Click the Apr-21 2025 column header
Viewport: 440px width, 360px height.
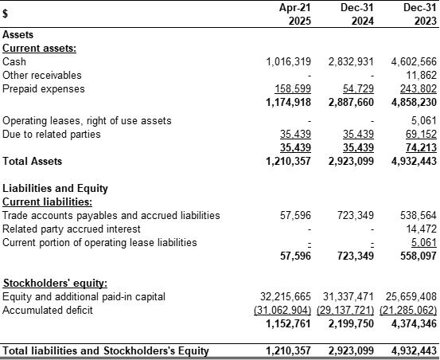[x=295, y=14]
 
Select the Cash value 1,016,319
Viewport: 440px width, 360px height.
[x=289, y=62]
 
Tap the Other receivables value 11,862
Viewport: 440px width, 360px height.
[x=422, y=75]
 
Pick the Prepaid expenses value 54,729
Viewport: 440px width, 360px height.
[x=358, y=88]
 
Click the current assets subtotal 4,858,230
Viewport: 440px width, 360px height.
[x=414, y=102]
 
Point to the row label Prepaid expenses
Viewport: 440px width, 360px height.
[x=44, y=89]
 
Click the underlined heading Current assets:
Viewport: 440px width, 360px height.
[x=39, y=49]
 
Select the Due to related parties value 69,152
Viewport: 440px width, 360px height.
[x=421, y=135]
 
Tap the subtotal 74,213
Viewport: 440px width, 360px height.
[x=421, y=147]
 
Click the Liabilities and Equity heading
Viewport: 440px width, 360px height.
[x=55, y=189]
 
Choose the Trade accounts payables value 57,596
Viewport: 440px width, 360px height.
[x=295, y=216]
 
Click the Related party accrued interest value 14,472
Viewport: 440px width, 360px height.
[x=422, y=229]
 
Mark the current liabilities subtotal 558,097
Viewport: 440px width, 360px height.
[x=419, y=256]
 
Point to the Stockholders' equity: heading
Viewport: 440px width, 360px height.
[x=55, y=283]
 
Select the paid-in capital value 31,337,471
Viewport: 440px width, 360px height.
[x=348, y=297]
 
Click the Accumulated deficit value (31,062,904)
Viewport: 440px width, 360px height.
[x=282, y=311]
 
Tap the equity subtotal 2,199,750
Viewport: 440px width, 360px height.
[x=351, y=324]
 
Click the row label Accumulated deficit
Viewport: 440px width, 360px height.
[x=48, y=311]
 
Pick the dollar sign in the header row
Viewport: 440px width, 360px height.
[x=5, y=14]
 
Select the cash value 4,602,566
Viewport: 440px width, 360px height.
[x=414, y=62]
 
